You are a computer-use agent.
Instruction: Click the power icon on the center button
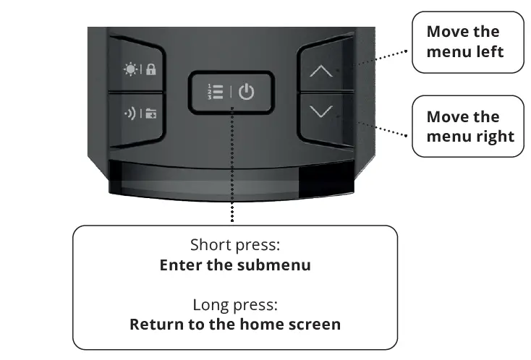(x=247, y=92)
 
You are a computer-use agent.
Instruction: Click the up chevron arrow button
(x=322, y=72)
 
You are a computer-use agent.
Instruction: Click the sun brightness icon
(x=131, y=69)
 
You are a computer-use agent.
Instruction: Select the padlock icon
(x=151, y=70)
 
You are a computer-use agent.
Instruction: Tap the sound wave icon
(x=130, y=113)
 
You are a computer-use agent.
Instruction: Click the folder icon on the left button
(x=151, y=113)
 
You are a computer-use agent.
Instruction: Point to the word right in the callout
(x=490, y=136)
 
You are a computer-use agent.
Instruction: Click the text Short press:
(x=234, y=244)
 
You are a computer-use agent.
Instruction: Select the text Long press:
(x=235, y=304)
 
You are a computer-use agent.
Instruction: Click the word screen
(x=314, y=323)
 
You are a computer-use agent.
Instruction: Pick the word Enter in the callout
(x=181, y=265)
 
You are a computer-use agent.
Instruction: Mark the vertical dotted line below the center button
(x=233, y=166)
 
